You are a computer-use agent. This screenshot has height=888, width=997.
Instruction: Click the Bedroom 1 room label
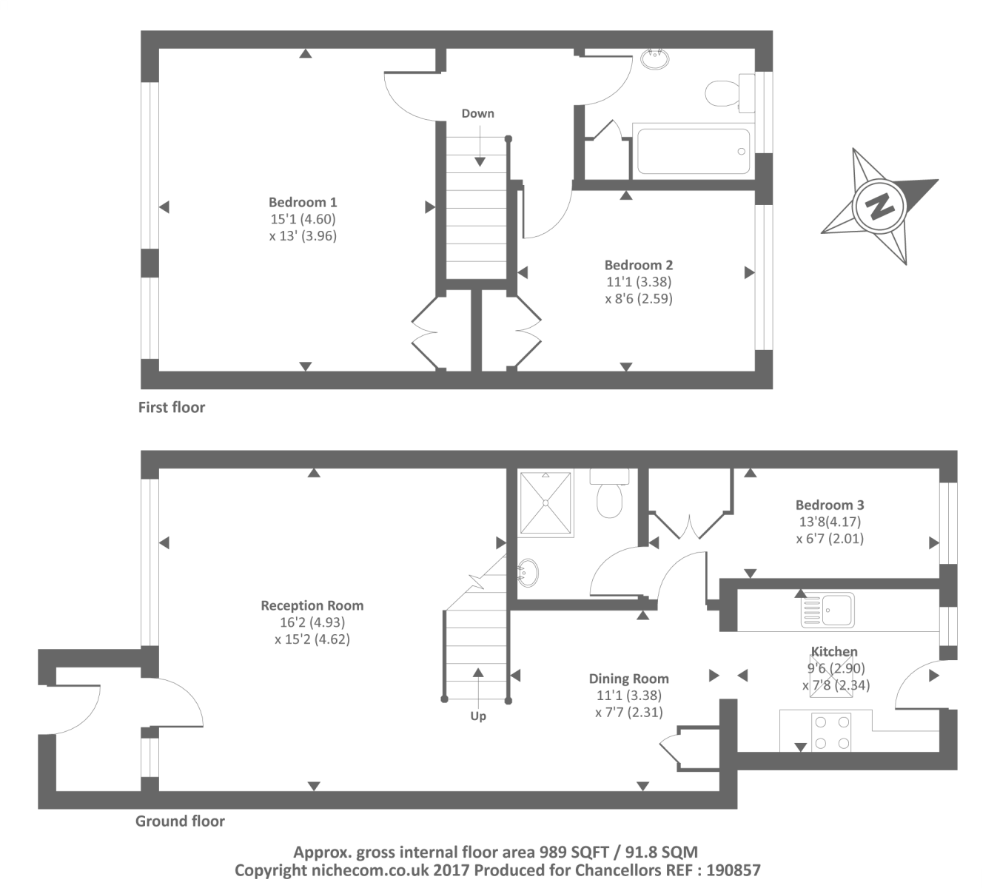[x=303, y=202]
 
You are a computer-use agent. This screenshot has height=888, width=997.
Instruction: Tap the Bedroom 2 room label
[x=638, y=265]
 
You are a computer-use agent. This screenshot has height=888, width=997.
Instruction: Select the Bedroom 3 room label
[x=829, y=505]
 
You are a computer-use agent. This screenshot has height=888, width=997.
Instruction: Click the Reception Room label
[x=312, y=605]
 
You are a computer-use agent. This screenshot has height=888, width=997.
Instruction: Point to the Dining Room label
[x=628, y=679]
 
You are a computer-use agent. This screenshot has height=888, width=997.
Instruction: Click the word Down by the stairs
[x=477, y=113]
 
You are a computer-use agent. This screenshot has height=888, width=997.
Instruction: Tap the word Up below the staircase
[x=478, y=716]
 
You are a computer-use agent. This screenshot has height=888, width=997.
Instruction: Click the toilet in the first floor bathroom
[x=722, y=94]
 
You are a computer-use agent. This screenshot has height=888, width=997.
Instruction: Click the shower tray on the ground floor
[x=546, y=502]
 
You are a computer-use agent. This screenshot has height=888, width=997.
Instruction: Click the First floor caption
[x=171, y=407]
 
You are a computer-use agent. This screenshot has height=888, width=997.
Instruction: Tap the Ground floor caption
[x=180, y=821]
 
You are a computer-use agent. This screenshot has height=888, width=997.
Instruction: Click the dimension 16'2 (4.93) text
[x=311, y=622]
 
